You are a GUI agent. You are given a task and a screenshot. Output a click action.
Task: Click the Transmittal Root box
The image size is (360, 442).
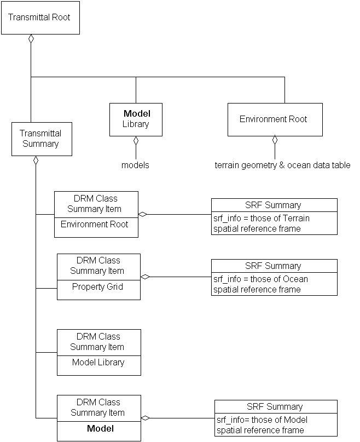pyautogui.click(x=39, y=18)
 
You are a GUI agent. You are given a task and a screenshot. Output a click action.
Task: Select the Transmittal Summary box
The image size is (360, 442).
pyautogui.click(x=42, y=139)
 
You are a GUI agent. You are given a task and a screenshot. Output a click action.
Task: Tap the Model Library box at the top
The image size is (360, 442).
pyautogui.click(x=136, y=119)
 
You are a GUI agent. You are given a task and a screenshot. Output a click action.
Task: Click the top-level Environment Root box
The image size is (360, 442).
pyautogui.click(x=275, y=119)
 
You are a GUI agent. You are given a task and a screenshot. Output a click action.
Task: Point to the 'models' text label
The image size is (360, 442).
pyautogui.click(x=135, y=165)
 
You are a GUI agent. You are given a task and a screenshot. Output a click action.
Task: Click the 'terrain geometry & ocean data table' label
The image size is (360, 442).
pyautogui.click(x=282, y=165)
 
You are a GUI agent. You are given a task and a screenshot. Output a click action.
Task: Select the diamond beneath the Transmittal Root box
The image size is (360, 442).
pyautogui.click(x=31, y=39)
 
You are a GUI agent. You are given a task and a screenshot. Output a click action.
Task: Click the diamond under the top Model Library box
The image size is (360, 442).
pyautogui.click(x=136, y=141)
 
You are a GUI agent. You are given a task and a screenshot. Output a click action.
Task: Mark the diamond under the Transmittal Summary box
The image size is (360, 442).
pyautogui.click(x=36, y=160)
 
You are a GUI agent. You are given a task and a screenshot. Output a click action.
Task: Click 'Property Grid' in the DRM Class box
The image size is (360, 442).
pyautogui.click(x=98, y=287)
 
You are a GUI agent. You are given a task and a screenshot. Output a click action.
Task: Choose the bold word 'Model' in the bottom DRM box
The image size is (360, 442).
pyautogui.click(x=100, y=429)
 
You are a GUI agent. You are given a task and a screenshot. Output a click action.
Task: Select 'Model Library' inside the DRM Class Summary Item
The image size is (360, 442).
pyautogui.click(x=98, y=363)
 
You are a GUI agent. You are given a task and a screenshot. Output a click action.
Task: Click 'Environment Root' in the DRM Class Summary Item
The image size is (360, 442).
pyautogui.click(x=95, y=225)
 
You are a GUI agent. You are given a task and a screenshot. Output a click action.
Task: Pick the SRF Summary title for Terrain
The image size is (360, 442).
pyautogui.click(x=273, y=205)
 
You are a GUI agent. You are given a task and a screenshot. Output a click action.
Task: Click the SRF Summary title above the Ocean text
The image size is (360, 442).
pyautogui.click(x=273, y=266)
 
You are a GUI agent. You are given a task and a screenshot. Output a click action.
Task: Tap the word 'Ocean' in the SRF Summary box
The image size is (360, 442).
pyautogui.click(x=295, y=279)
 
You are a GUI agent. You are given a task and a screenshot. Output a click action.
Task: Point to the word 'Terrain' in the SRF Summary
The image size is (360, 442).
pyautogui.click(x=296, y=219)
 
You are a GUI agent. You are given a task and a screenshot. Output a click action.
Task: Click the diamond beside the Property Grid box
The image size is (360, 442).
pyautogui.click(x=145, y=277)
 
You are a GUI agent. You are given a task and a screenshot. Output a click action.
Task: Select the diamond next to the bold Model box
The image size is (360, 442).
pyautogui.click(x=146, y=418)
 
